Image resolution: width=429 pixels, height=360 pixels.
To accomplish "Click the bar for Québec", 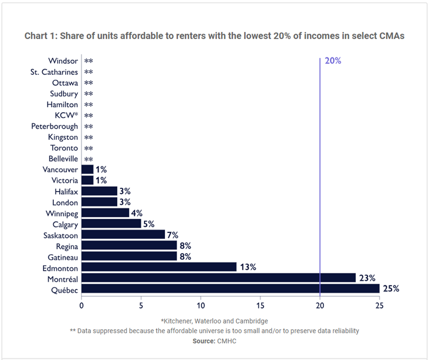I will tap(230, 288).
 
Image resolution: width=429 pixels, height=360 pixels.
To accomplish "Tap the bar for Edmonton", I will tap(159, 267).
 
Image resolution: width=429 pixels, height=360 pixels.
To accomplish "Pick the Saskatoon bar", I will tap(123, 234).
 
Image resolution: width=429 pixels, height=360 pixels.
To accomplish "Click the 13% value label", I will tap(248, 267).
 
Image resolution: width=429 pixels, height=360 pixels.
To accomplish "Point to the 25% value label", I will tap(391, 288).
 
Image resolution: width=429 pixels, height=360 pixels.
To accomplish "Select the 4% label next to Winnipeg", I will tap(137, 213).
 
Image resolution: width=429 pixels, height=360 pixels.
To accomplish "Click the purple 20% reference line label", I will tap(333, 61).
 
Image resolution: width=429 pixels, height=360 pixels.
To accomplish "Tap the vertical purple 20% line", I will tap(320, 165).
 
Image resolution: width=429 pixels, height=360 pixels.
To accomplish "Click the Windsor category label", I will tap(63, 61).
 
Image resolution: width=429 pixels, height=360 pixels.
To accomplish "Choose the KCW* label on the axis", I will tap(66, 116).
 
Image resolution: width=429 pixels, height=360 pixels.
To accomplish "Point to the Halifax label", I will tap(66, 192).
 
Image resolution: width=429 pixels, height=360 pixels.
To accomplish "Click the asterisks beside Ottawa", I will tap(89, 83).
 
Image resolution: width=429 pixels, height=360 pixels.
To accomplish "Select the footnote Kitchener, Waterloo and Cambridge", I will tap(215, 320).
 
